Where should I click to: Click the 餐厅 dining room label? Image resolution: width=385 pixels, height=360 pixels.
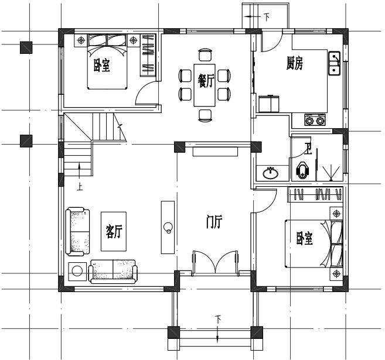206,81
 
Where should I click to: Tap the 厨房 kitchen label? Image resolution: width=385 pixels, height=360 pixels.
295,63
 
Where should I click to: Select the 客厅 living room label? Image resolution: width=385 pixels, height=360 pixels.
114,231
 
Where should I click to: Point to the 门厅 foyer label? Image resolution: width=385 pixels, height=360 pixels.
214,222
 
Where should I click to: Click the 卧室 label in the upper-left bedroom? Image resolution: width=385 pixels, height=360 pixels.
101,65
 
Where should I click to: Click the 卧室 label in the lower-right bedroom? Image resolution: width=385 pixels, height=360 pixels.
305,238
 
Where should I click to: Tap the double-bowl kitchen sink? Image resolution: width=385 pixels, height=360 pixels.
335,63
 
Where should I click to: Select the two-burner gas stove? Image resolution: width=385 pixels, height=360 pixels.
315,120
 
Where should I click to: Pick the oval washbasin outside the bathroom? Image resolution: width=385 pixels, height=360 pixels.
271,174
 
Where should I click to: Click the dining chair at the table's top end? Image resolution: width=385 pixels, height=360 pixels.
205,54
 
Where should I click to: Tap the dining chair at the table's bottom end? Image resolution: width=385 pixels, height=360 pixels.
205,115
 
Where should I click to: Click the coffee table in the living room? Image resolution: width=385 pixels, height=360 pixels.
114,231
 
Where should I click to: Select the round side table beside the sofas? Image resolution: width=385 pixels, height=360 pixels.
77,272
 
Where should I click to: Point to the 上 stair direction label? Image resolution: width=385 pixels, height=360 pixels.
80,187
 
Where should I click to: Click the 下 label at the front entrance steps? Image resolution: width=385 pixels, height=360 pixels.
218,319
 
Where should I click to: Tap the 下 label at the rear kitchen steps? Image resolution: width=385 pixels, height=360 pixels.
267,17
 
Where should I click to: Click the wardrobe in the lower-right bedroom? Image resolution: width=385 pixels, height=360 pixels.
315,194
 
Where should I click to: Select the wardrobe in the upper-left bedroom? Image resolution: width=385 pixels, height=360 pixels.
148,56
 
